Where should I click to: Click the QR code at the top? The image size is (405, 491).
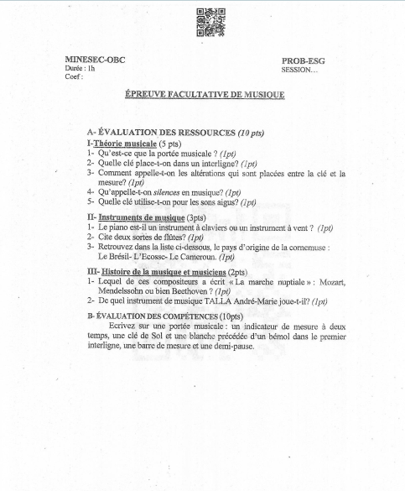pos(210,23)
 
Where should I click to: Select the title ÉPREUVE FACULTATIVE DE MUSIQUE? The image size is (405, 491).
pos(204,95)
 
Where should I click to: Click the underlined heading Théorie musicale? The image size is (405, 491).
pos(127,144)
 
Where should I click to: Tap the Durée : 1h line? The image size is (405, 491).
pos(80,68)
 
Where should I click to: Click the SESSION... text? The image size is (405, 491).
pos(300,69)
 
